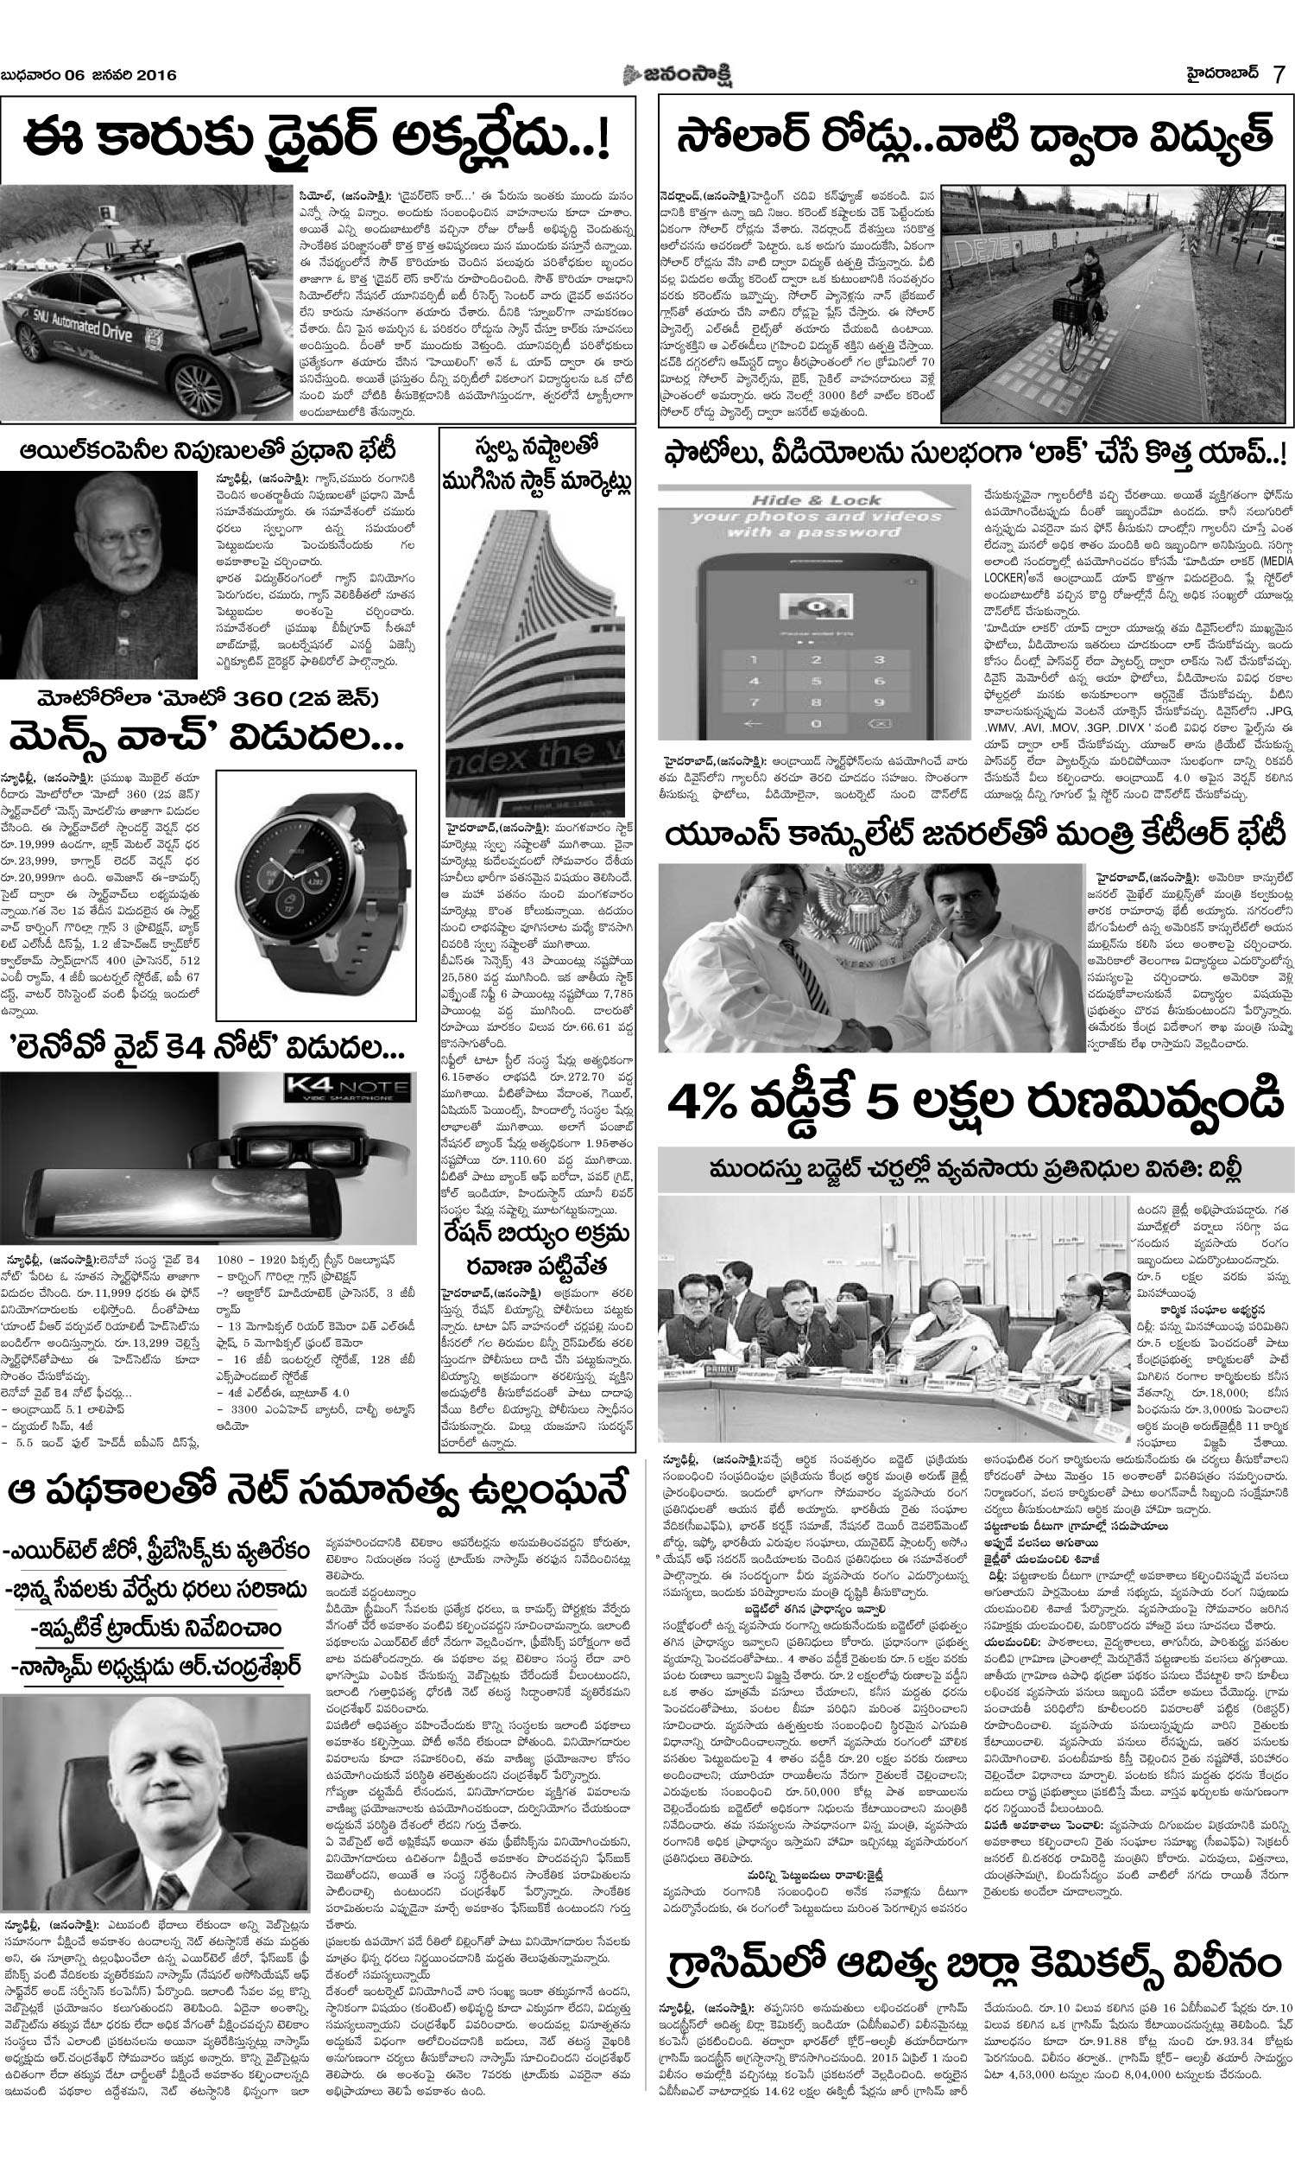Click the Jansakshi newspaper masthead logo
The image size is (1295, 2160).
[x=676, y=74]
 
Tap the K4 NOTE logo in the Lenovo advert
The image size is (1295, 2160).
[x=345, y=1089]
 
